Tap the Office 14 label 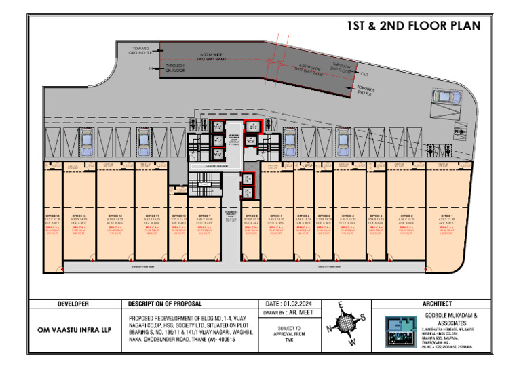coord(52,215)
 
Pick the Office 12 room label coord(115,215)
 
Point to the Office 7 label coord(275,215)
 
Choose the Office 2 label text coord(406,215)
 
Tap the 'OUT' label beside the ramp coord(364,74)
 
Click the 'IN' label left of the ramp coord(151,68)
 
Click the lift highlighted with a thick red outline coord(252,125)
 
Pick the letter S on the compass coord(363,317)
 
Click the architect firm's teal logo coord(404,331)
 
